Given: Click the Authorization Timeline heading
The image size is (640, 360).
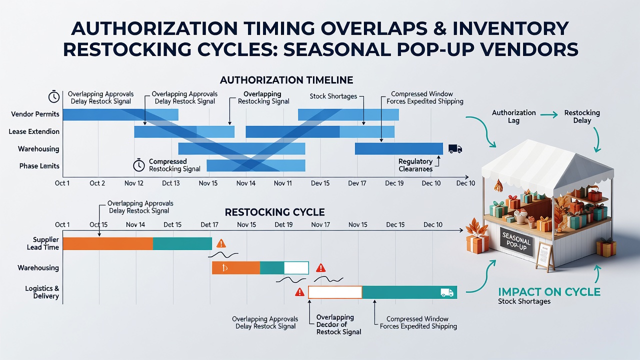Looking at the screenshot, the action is [286, 80].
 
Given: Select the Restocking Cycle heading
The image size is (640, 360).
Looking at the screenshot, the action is [274, 212].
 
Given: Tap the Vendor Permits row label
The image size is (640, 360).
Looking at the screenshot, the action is [35, 114].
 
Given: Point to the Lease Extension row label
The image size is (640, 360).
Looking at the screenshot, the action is [34, 131].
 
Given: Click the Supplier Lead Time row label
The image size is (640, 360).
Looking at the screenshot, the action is [43, 243].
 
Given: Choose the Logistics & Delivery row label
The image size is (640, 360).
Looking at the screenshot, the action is [42, 292].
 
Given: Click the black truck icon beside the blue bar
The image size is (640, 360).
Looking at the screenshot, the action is [455, 148].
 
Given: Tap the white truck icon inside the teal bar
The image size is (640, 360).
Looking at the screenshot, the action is [447, 292].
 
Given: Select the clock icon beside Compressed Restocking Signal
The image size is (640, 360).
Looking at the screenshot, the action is [139, 165].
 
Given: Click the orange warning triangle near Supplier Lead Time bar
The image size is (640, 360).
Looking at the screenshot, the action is [221, 243].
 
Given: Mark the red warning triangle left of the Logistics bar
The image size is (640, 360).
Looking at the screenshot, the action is [299, 292].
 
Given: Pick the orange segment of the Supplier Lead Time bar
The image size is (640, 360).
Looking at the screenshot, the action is [107, 243].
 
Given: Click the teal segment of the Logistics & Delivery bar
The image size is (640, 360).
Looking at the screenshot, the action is [409, 292].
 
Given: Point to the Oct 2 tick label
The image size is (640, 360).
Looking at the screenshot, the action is [97, 183].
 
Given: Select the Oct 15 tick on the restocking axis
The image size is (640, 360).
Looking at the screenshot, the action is [98, 224].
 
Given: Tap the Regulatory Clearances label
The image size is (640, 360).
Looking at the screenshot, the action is [415, 165].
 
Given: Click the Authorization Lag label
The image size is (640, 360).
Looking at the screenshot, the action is [513, 116].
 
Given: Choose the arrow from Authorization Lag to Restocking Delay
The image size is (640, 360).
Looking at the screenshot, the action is [548, 115].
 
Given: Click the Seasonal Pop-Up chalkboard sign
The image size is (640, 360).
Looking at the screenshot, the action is [517, 242].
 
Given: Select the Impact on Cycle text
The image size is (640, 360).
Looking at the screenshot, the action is [549, 292].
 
